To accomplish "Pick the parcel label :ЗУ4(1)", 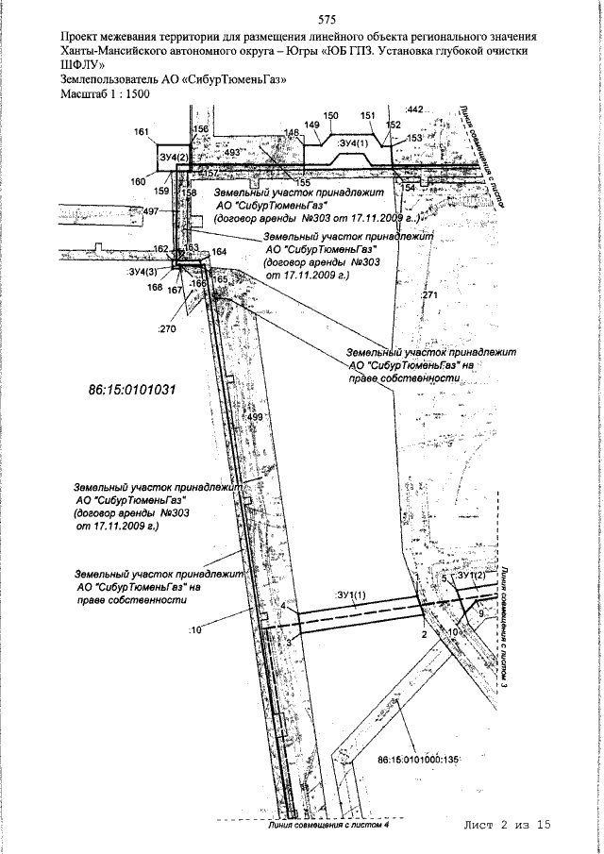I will [x=352, y=142].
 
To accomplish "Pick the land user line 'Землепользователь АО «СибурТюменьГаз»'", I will [x=172, y=81].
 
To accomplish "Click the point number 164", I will [x=220, y=253].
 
